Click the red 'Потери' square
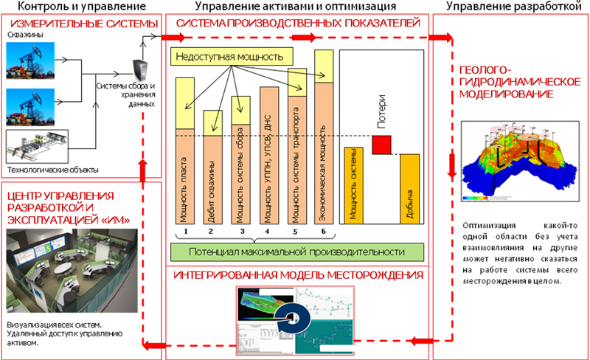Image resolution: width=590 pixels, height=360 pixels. point(381,145)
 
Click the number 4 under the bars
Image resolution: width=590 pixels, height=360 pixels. point(268,231)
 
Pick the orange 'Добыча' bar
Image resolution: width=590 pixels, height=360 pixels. point(409,188)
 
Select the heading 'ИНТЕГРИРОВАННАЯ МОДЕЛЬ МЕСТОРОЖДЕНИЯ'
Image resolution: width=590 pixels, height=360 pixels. point(297,276)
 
